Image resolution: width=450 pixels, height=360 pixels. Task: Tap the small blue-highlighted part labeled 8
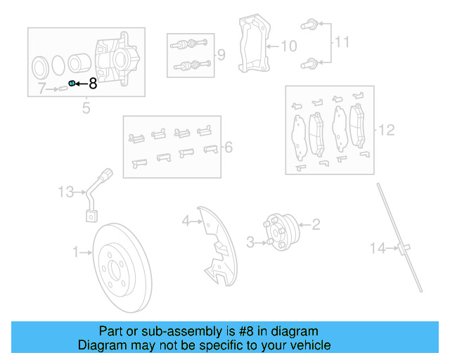(x=71, y=84)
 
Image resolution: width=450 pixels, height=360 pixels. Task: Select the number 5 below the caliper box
(x=86, y=108)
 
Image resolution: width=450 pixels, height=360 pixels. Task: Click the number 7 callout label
(x=41, y=89)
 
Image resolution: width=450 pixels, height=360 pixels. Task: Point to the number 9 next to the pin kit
(x=221, y=54)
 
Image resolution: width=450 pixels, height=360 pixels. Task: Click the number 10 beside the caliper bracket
(x=289, y=46)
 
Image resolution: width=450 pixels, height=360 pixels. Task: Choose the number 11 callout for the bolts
(x=341, y=43)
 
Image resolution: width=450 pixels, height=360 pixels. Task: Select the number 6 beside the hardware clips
(x=227, y=147)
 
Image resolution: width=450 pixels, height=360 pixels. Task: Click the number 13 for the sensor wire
(x=65, y=191)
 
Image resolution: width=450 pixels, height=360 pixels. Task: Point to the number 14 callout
(x=379, y=247)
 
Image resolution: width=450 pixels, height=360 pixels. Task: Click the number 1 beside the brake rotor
(x=76, y=251)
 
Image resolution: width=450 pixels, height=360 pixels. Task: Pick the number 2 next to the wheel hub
(x=316, y=224)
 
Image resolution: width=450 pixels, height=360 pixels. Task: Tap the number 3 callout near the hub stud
(x=250, y=243)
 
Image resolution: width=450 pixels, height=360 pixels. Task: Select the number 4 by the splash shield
(x=186, y=221)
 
